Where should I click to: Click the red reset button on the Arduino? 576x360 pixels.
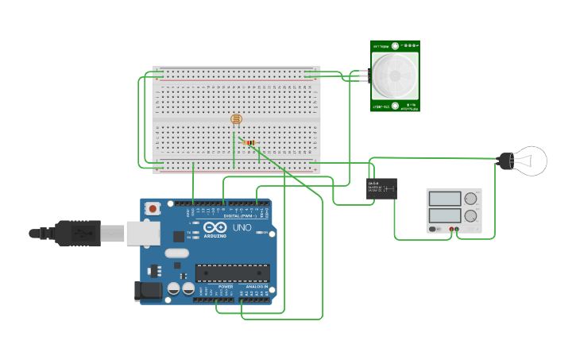pos(153,209)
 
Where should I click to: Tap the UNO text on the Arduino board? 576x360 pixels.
pos(242,228)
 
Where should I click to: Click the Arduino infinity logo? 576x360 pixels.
pos(215,226)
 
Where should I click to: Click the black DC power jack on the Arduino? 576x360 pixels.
pos(148,292)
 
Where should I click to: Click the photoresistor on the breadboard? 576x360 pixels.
pos(236,120)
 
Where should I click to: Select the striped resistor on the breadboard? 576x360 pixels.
pos(250,143)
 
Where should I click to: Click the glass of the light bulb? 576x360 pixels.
pos(530,161)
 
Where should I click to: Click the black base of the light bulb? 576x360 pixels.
pos(504,161)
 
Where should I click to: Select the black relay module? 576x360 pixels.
pos(382,188)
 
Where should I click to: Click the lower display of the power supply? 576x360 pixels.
pos(445,215)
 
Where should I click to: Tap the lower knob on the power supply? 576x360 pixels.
pos(471,215)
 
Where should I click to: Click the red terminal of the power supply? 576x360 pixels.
pos(451,230)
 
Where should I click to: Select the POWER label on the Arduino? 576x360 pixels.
pos(226,287)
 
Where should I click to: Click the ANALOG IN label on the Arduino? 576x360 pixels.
pos(256,287)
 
